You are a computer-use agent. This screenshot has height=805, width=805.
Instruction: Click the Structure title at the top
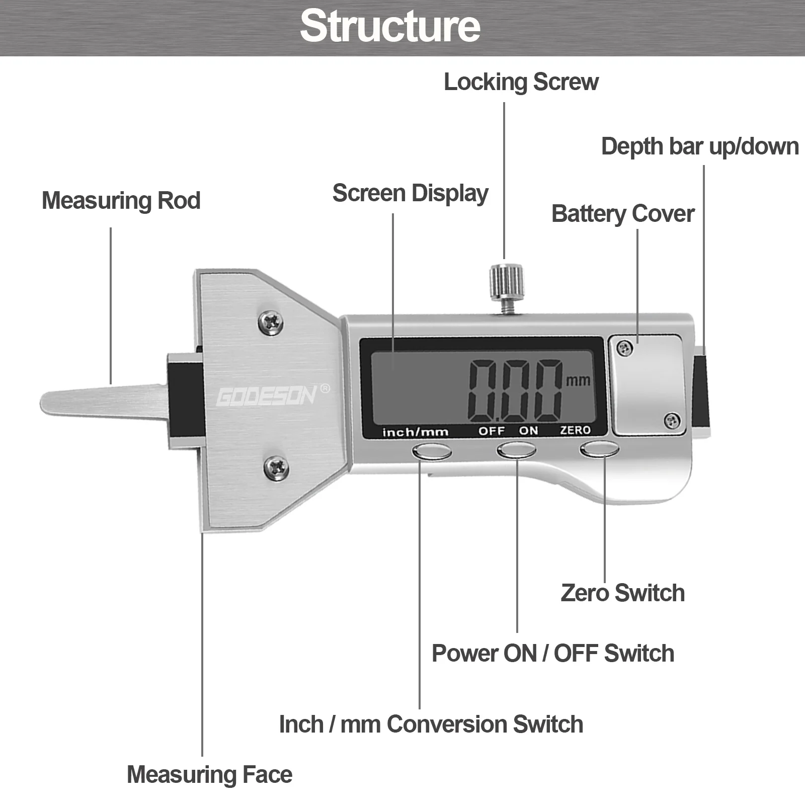tap(390, 26)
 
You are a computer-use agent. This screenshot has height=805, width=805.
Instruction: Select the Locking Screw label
tap(521, 82)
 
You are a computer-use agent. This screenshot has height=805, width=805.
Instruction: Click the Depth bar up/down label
tap(700, 146)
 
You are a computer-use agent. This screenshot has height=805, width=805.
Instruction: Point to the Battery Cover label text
tap(623, 214)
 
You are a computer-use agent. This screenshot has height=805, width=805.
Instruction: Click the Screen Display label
tap(410, 193)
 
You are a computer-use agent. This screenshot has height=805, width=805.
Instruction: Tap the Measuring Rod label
tap(121, 200)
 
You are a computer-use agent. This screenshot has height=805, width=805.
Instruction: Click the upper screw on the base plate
tap(270, 323)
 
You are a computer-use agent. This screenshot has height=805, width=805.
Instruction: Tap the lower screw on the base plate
tap(276, 468)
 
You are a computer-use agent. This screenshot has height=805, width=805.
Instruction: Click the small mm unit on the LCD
tap(578, 380)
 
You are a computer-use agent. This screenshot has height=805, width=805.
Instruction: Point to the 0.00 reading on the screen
tap(515, 391)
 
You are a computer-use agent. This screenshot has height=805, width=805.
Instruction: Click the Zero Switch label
tap(622, 593)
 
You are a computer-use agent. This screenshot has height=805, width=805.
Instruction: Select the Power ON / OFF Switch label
tap(552, 654)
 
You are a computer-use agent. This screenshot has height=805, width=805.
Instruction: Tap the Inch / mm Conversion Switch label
tap(431, 725)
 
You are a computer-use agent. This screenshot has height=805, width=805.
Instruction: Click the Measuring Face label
tap(209, 774)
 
